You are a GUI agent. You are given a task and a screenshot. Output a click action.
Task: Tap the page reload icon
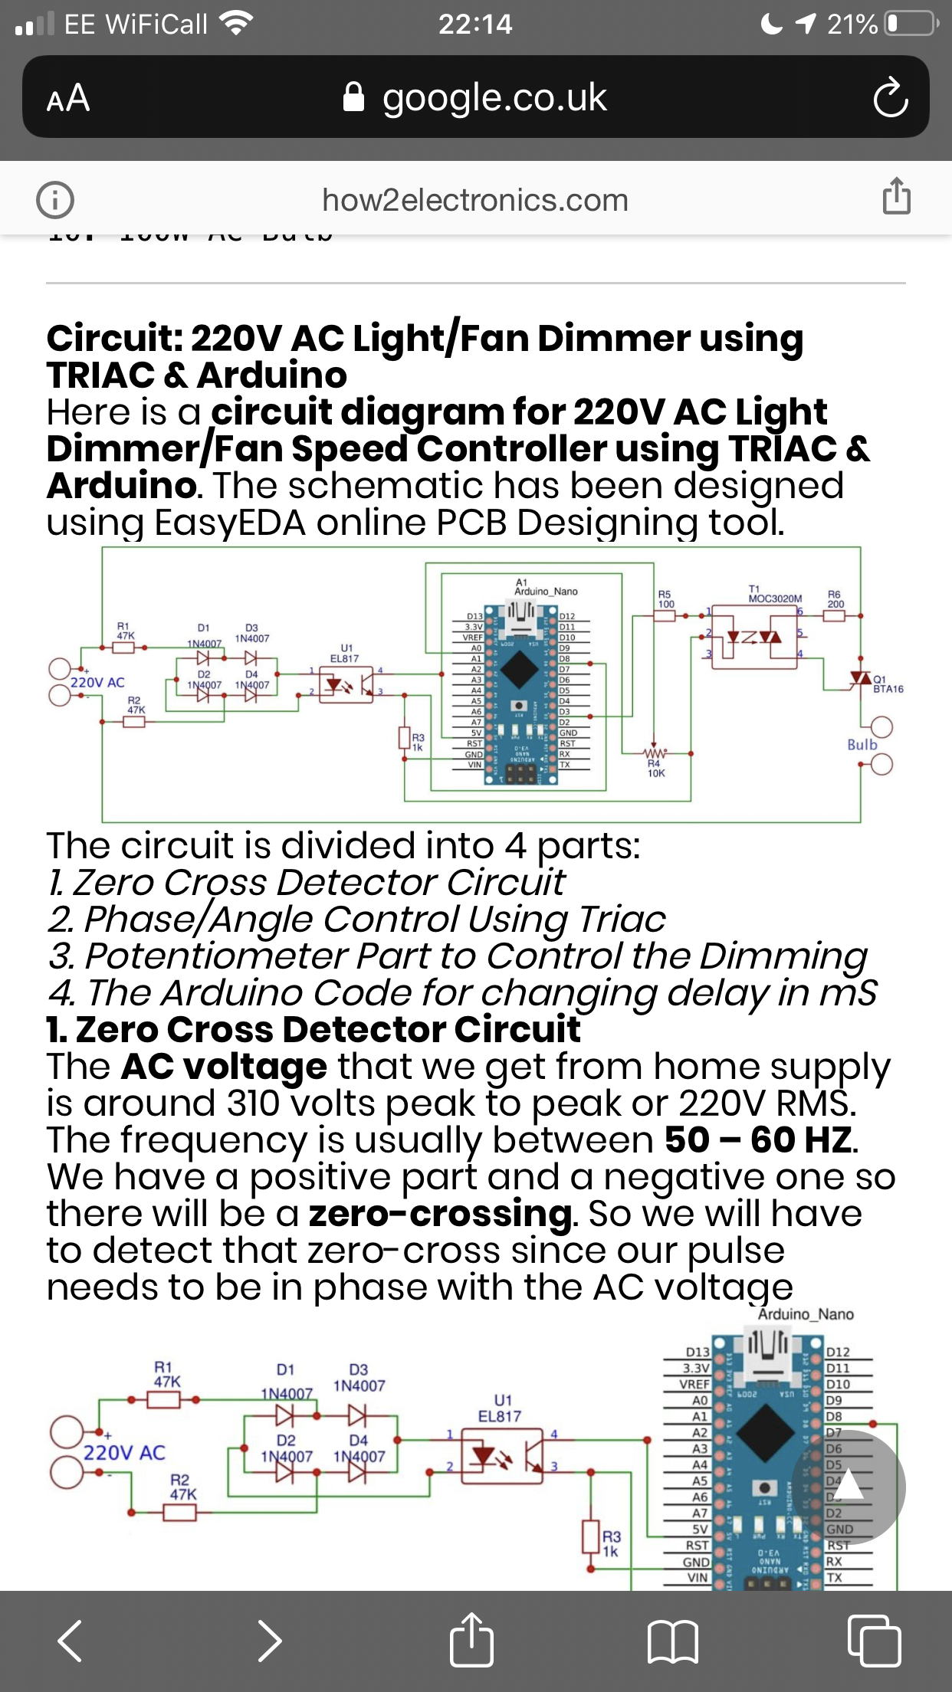[890, 99]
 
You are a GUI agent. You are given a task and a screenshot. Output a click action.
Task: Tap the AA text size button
[68, 99]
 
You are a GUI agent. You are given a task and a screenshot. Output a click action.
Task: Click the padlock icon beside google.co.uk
[353, 98]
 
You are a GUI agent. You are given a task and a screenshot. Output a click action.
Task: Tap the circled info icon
[55, 200]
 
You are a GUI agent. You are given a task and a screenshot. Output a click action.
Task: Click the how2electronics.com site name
[475, 201]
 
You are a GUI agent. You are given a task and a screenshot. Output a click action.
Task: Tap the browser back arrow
[71, 1641]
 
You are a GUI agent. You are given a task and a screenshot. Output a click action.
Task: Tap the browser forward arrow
[269, 1641]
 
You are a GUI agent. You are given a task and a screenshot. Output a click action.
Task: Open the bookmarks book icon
[672, 1641]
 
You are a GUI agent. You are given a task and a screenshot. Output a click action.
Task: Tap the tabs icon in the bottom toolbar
[874, 1641]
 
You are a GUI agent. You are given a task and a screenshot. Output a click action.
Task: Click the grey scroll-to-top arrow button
[849, 1487]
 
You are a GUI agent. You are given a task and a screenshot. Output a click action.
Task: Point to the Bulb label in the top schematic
[862, 745]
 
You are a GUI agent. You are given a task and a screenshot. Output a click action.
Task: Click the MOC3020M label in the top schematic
[775, 598]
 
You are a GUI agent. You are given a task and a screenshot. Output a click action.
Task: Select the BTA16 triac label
[888, 689]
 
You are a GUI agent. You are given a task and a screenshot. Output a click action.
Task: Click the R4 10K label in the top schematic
[655, 769]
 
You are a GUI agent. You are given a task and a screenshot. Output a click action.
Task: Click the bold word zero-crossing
[440, 1214]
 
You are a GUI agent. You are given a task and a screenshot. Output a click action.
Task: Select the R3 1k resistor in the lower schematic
[591, 1537]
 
